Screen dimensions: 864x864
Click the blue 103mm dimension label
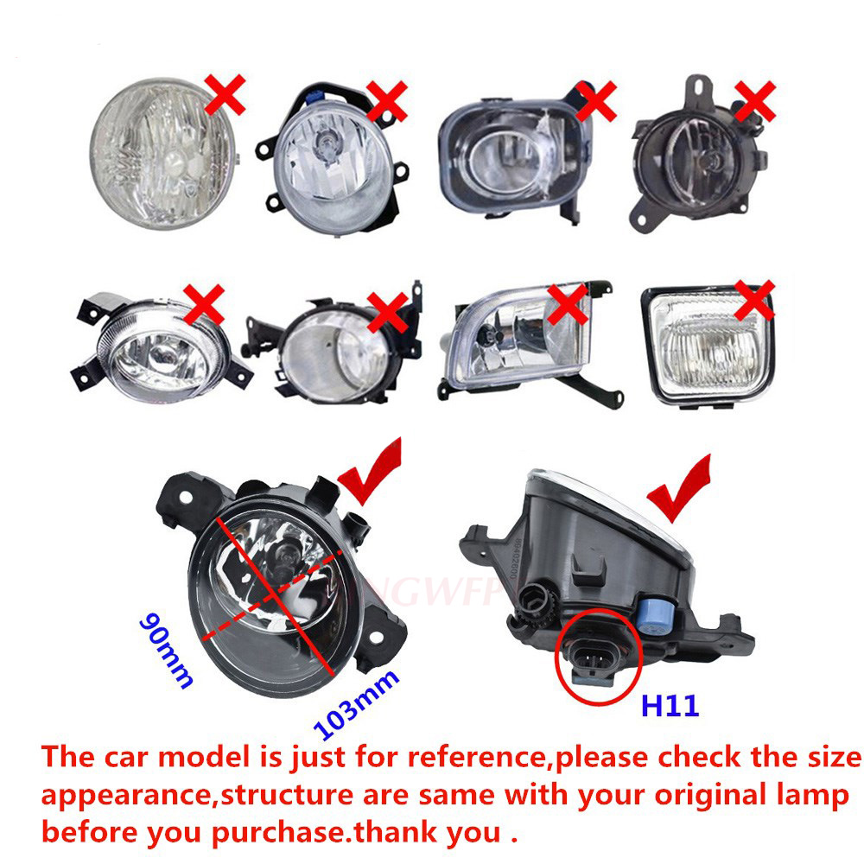357,704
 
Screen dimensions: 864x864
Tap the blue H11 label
669,706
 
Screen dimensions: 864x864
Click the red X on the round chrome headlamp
223,94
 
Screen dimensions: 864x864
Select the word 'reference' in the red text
477,758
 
